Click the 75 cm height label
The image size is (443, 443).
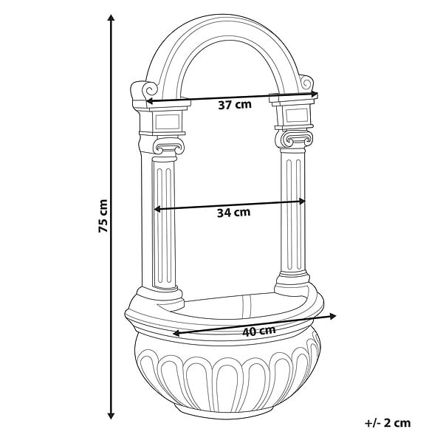click(103, 216)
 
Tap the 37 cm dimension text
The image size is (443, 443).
click(235, 105)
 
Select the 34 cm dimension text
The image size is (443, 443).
click(233, 213)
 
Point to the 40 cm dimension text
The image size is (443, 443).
click(259, 331)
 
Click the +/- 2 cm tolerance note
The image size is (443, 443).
click(388, 423)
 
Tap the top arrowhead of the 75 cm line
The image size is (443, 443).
click(111, 18)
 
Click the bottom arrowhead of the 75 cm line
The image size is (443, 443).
click(111, 416)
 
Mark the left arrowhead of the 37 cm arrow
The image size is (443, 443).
click(149, 101)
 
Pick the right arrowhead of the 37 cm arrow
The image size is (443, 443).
click(315, 95)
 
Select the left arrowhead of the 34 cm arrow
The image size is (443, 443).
click(157, 209)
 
